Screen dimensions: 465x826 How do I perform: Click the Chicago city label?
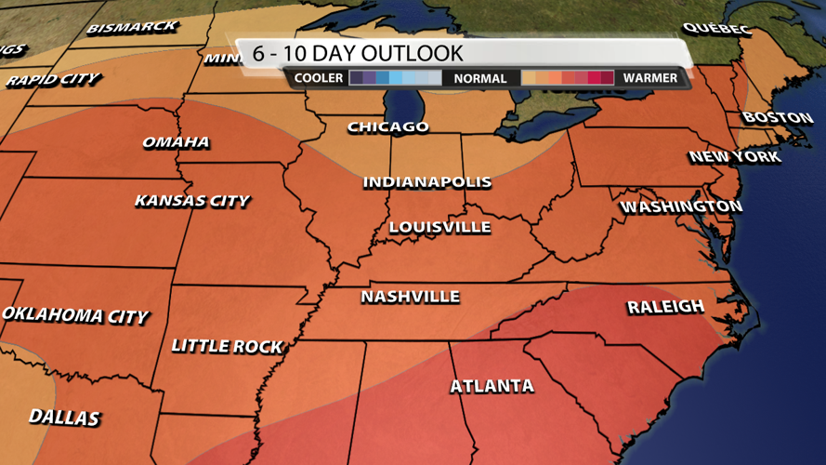(x=388, y=127)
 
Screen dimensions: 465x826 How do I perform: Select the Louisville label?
(x=439, y=227)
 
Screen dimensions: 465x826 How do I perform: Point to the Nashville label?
(x=410, y=297)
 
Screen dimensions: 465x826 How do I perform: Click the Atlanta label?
(x=492, y=386)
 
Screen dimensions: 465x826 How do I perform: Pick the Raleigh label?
(x=665, y=307)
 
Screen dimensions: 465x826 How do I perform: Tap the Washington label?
(x=681, y=206)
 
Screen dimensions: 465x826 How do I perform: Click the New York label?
(x=735, y=157)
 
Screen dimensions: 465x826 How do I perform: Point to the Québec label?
(x=715, y=30)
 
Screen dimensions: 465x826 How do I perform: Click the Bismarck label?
(x=132, y=28)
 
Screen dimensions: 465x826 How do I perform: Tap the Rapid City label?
(x=52, y=80)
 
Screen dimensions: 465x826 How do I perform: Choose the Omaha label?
(x=176, y=142)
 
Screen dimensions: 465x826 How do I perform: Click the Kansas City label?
(x=191, y=201)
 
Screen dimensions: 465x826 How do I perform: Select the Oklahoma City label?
(x=74, y=315)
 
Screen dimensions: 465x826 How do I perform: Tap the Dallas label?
(x=64, y=417)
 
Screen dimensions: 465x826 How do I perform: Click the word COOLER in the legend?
(x=319, y=78)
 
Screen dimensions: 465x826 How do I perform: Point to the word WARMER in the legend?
(x=650, y=78)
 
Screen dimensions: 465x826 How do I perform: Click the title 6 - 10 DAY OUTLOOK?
(x=358, y=54)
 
